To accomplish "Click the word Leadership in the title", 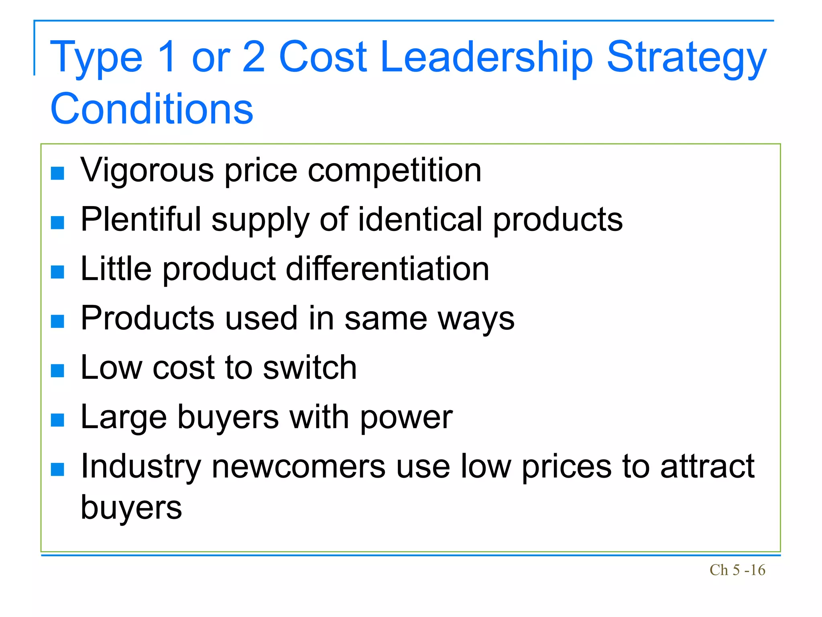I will coord(486,57).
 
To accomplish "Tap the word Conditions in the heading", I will coord(152,109).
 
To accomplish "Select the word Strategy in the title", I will coord(686,57).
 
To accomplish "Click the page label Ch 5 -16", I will coord(737,570).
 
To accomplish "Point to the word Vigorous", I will coord(147,170).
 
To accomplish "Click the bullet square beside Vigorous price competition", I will coord(58,173).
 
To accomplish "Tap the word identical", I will coord(420,219).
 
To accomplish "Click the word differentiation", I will coord(387,269).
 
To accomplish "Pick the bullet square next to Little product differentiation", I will coord(58,272).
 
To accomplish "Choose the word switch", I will coord(310,367).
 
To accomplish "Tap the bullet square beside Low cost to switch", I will coord(58,370).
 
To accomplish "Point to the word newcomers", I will coord(299,466).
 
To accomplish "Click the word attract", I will coord(707,466).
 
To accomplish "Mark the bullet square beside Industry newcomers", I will coord(58,469).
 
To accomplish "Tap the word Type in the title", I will coord(96,57).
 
